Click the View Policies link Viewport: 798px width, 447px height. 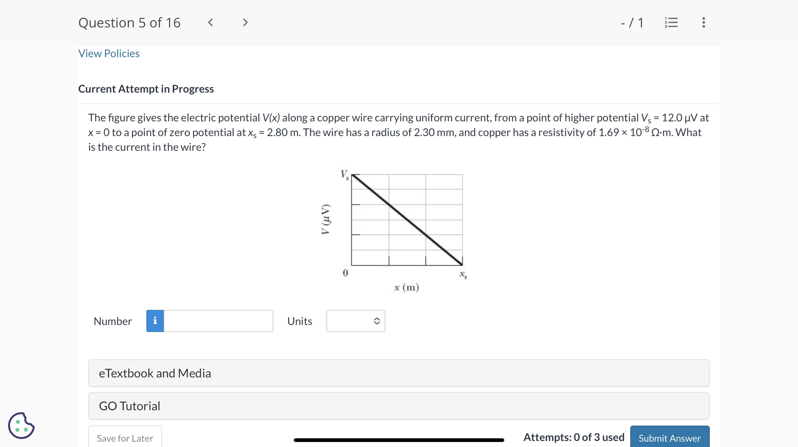(109, 53)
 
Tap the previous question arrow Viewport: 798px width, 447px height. (211, 22)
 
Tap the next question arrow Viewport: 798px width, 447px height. (245, 22)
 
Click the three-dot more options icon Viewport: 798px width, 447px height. (703, 22)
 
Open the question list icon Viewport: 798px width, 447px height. (671, 22)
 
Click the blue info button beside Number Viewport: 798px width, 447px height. (155, 321)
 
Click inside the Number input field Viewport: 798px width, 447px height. (219, 321)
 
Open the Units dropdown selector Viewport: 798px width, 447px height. (356, 321)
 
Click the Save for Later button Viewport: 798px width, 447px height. (125, 438)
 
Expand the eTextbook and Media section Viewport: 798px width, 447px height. (399, 373)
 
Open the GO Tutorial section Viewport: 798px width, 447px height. (399, 406)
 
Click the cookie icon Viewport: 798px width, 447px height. (21, 426)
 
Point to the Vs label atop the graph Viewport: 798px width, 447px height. (345, 175)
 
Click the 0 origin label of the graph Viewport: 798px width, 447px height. (345, 273)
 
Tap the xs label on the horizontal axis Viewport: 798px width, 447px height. (463, 275)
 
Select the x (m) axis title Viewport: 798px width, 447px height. (406, 288)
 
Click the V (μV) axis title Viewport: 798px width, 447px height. (325, 219)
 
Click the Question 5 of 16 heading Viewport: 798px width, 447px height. (129, 23)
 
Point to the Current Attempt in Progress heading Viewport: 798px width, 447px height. (146, 89)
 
